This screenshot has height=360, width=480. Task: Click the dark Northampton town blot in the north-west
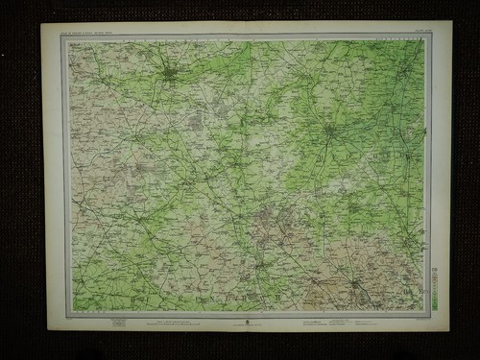pos(169,72)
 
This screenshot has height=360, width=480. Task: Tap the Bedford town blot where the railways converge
pos(329,129)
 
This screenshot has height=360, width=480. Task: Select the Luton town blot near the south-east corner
pos(356,283)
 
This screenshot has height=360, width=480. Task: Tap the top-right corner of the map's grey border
pos(428,36)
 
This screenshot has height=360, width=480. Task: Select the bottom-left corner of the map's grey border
pos(64,314)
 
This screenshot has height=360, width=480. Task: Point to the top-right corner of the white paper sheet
pos(451,21)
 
